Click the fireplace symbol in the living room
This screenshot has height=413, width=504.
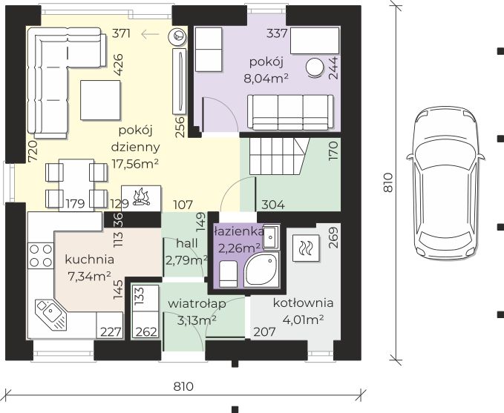(x=141, y=198)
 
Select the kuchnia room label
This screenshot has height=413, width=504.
(x=89, y=260)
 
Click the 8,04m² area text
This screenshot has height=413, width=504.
(x=266, y=78)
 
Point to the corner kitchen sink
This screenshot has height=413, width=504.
(x=50, y=314)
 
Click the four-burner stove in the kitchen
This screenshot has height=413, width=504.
(x=41, y=256)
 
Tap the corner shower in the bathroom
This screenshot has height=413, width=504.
(x=261, y=269)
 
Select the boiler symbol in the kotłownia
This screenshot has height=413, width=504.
(x=306, y=248)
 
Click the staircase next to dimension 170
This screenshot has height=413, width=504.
(x=278, y=156)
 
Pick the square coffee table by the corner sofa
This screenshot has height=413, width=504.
(x=100, y=100)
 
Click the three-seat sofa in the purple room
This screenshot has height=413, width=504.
(x=290, y=113)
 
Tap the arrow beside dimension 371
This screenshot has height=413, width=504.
(x=150, y=33)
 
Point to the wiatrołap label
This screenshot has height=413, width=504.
(x=197, y=304)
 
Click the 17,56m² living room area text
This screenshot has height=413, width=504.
(x=135, y=164)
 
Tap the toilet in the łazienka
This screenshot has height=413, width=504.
(x=228, y=274)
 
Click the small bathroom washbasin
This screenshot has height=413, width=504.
(x=271, y=237)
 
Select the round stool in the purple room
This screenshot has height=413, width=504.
(x=315, y=67)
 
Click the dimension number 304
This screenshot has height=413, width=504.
(x=273, y=205)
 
